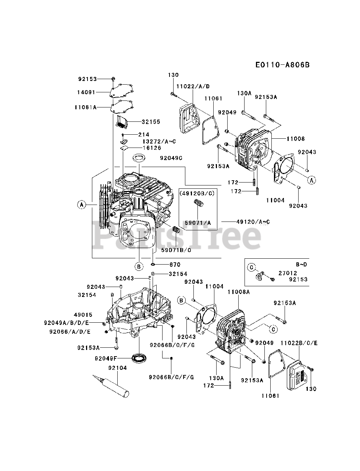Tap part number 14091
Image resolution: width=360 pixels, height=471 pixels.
tap(87, 93)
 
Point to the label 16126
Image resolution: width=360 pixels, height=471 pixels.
tap(152, 148)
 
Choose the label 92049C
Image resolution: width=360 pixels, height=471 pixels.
tap(171, 158)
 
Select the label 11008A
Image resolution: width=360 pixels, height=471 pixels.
tap(238, 291)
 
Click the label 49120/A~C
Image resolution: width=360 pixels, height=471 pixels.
tap(253, 222)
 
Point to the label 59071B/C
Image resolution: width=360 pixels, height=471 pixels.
tap(176, 250)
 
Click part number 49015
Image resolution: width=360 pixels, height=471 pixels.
tap(83, 315)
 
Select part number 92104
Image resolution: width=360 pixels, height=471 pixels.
tap(117, 368)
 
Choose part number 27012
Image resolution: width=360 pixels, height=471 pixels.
tap(288, 273)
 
